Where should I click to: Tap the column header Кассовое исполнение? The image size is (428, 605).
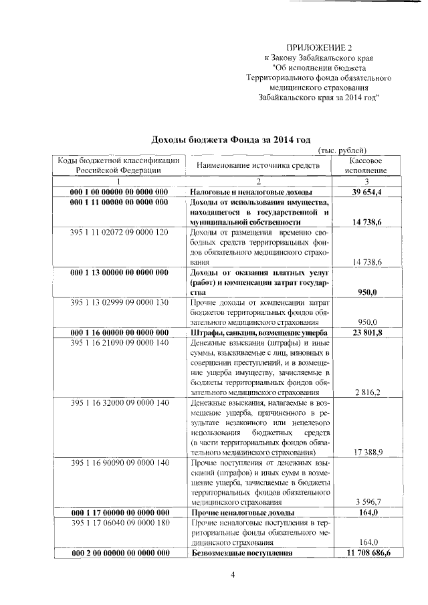(366, 166)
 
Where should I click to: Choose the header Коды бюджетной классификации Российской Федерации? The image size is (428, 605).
(118, 166)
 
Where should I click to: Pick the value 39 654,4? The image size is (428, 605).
(366, 192)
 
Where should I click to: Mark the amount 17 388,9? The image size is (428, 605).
(367, 453)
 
